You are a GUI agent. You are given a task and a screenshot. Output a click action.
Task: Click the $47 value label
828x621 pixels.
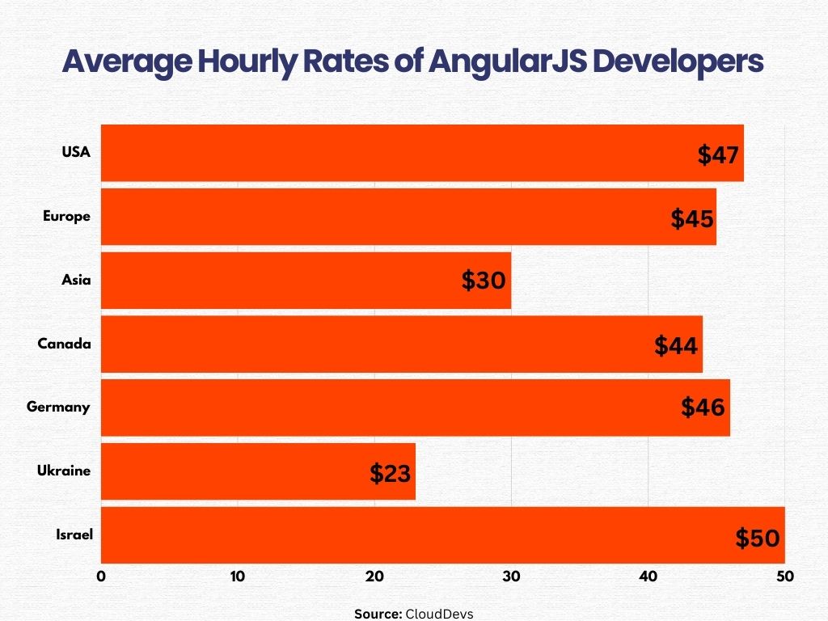719,154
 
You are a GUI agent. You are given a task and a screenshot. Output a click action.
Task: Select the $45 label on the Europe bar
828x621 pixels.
691,218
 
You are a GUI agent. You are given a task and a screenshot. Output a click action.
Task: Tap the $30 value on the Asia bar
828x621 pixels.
484,281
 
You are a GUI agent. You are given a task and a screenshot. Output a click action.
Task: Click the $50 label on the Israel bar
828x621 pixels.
757,538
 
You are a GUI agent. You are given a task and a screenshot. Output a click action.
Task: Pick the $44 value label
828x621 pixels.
677,346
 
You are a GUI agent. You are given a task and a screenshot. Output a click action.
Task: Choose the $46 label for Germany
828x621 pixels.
703,407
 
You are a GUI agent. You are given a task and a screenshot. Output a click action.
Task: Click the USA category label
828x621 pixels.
76,152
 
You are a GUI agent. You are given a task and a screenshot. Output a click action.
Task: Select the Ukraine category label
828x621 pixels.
64,471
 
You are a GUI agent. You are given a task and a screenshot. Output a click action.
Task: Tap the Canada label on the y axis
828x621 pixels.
64,344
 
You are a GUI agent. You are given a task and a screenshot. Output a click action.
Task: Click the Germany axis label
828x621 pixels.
58,407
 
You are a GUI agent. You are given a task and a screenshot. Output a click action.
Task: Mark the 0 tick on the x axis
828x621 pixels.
101,577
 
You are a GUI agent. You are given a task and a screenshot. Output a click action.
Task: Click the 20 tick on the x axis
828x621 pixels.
374,577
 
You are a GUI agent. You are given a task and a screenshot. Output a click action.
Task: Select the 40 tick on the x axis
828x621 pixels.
648,577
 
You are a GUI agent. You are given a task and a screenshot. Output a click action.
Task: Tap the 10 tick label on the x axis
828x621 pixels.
237,577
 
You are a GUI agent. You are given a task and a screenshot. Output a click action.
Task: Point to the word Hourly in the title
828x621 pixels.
243,62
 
